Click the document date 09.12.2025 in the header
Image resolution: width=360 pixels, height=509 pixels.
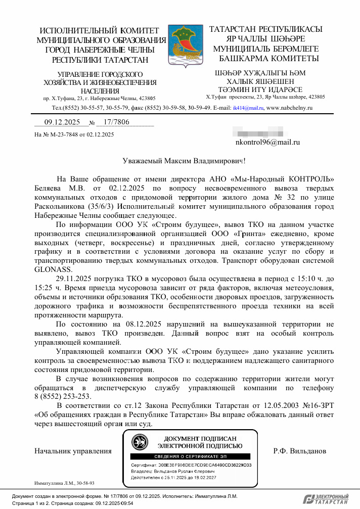coord(59,122)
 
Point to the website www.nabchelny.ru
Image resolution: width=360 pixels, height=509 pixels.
coord(290,108)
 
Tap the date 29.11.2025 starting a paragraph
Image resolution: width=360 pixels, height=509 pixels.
coord(75,279)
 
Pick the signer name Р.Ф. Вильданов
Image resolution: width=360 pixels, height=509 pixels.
coord(300,450)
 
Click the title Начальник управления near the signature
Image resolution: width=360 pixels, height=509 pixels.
coord(72,450)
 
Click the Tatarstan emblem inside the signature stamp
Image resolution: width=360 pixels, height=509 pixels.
coord(140,442)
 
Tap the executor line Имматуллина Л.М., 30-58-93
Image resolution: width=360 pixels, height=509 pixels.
coord(64,483)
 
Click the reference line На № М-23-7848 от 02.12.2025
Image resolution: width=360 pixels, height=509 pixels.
coord(74,134)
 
